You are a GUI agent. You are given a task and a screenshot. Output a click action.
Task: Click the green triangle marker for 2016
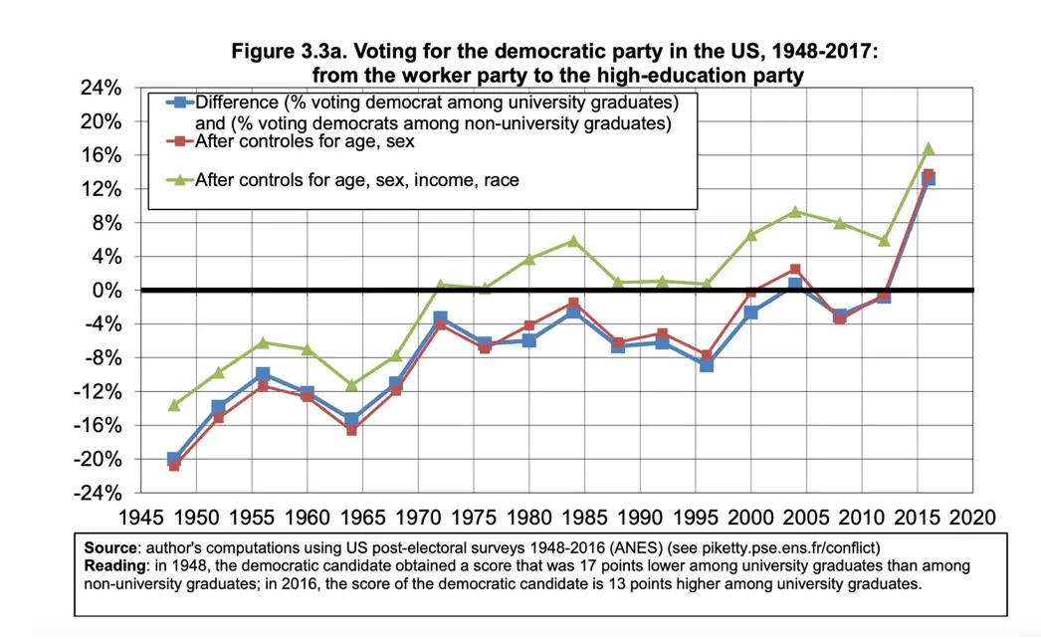coord(929,148)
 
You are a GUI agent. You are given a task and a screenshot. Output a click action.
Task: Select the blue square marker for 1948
coord(174,459)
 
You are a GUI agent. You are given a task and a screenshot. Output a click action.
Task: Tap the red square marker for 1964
coord(351,429)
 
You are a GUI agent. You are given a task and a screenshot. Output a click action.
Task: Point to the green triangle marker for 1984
coord(573,241)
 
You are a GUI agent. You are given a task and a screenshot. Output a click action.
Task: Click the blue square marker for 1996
coord(707,364)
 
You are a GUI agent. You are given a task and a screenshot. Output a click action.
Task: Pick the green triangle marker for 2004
coord(795,211)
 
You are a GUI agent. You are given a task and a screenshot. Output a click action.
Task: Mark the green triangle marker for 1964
coord(351,384)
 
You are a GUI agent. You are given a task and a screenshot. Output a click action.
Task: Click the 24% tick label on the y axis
coord(102,88)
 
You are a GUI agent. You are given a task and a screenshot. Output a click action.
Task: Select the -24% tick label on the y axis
coord(99,493)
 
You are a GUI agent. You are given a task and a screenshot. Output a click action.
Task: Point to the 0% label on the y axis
coord(107,291)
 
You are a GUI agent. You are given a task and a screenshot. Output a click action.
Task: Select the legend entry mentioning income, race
coord(356,180)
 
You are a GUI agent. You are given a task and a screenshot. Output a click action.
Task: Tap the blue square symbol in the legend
coord(179,103)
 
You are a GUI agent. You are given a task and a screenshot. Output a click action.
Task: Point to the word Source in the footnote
coord(109,548)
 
